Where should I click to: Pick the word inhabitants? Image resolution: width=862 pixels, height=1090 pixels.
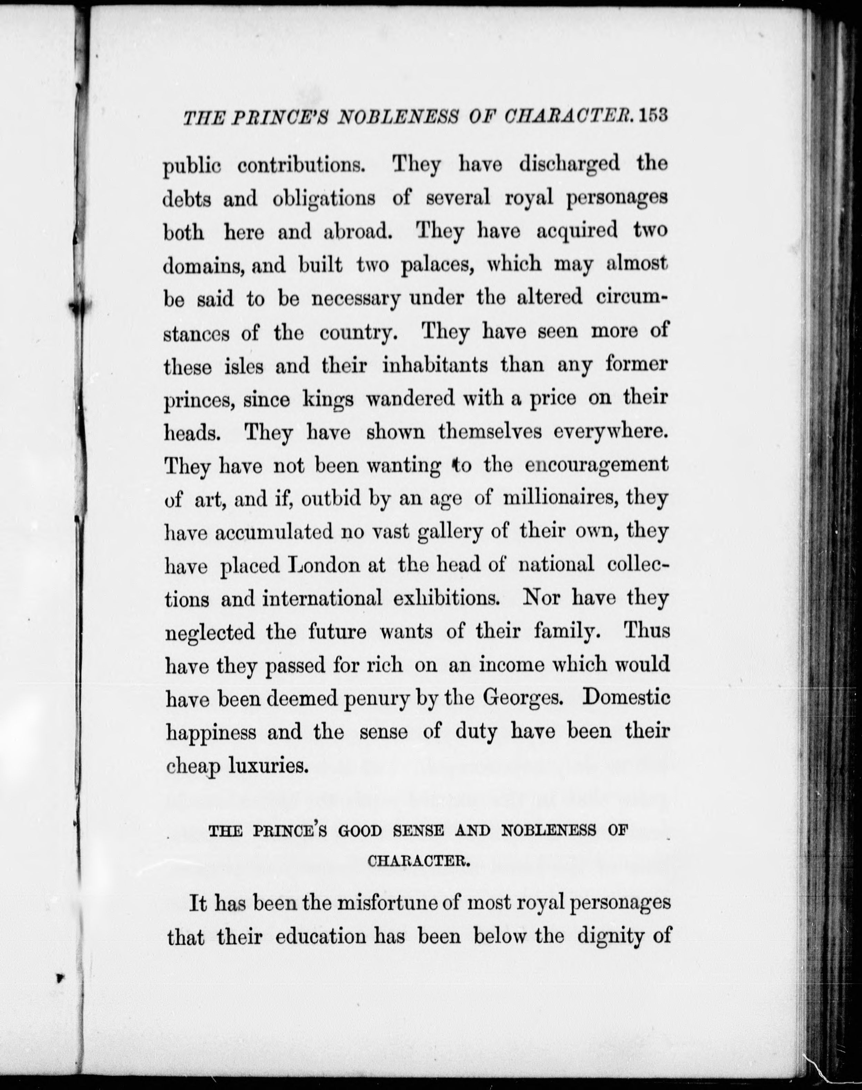pos(435,365)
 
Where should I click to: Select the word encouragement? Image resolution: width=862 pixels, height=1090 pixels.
pos(597,465)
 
